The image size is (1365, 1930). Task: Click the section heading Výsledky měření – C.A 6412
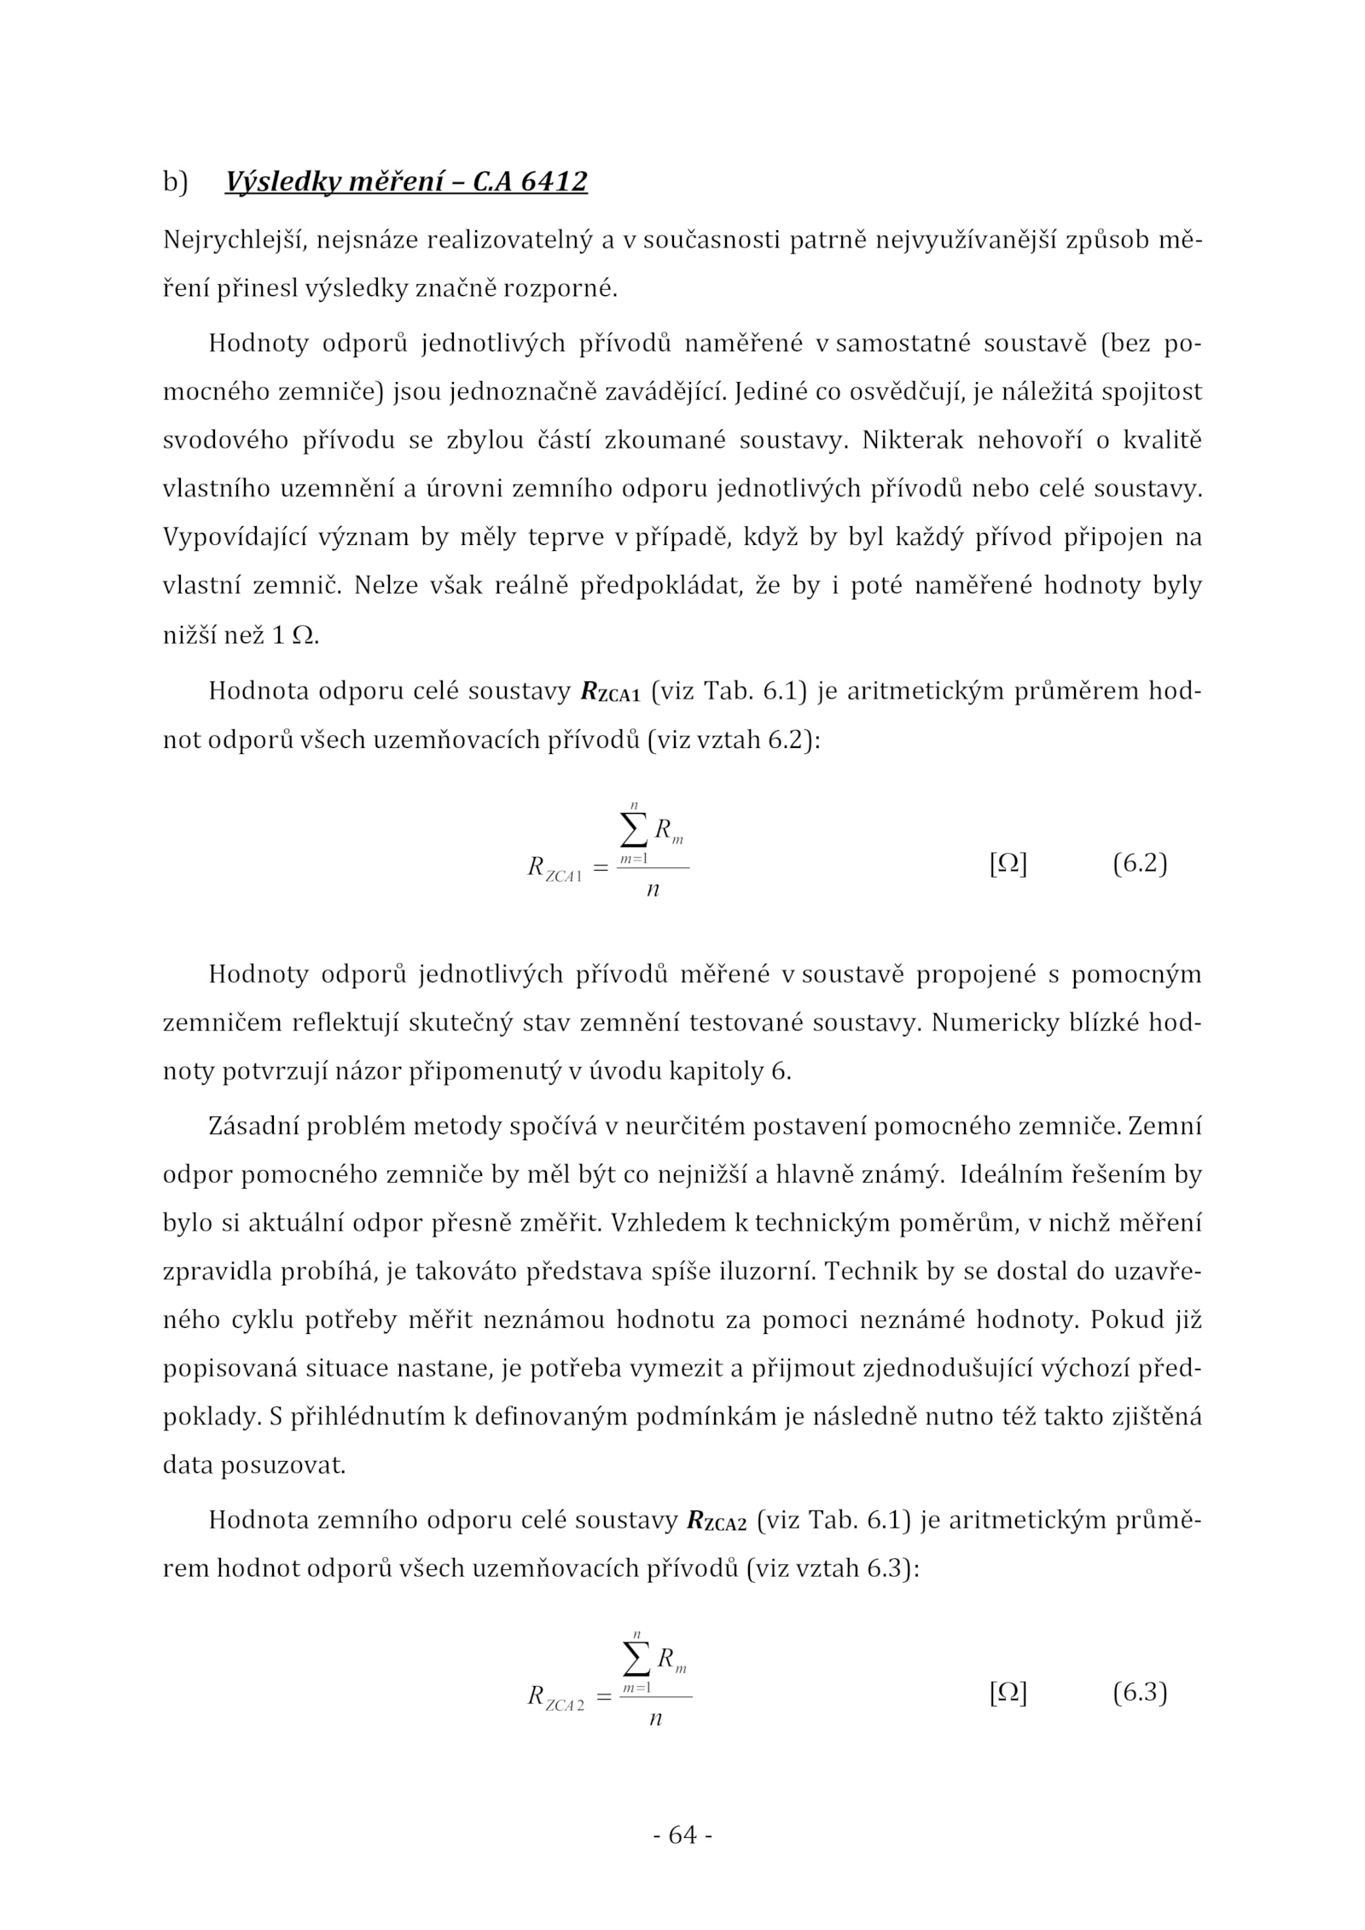[x=405, y=182]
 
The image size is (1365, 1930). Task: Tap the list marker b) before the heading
[x=175, y=183]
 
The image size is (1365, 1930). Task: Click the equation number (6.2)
[x=1139, y=864]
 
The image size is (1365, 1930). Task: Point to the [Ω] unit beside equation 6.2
[x=1008, y=864]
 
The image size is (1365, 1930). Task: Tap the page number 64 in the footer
[x=682, y=1834]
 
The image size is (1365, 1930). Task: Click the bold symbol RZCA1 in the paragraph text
[x=609, y=692]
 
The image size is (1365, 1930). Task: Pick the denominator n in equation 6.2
[x=653, y=890]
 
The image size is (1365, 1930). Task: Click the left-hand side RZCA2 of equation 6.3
[x=555, y=1697]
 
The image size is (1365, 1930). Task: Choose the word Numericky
[x=996, y=1023]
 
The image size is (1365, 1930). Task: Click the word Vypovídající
[x=234, y=537]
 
